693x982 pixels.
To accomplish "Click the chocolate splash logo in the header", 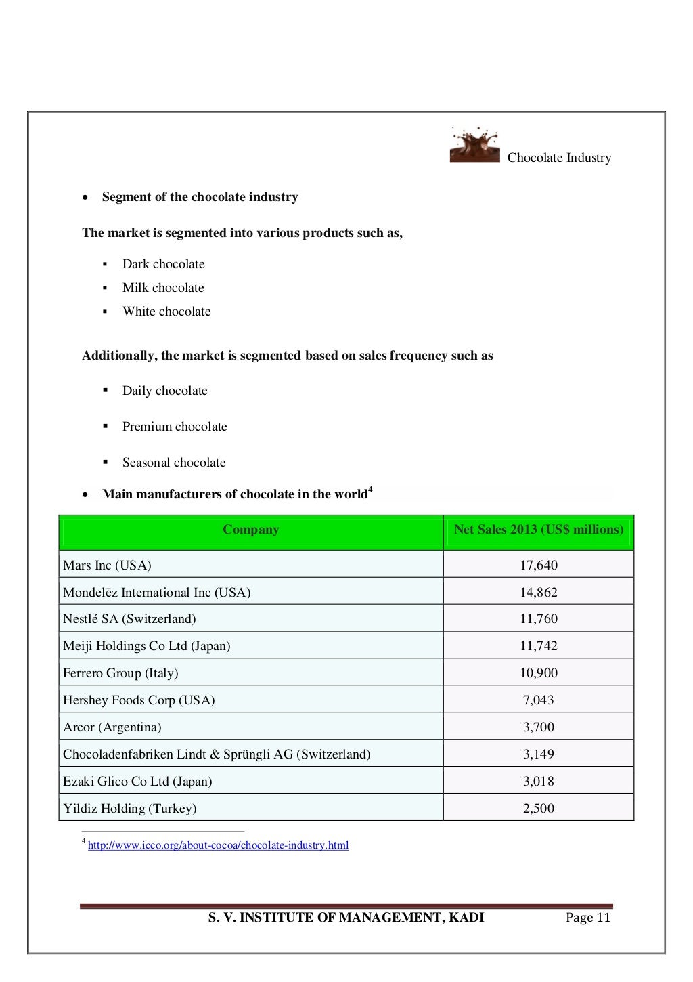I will tap(474, 144).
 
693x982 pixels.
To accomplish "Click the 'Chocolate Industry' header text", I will tap(559, 158).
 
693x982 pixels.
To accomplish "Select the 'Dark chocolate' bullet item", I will tap(163, 264).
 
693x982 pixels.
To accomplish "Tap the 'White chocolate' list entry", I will tap(166, 312).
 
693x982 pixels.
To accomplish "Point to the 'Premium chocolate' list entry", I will tap(175, 427).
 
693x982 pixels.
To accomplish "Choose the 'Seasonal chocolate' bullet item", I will tap(174, 463).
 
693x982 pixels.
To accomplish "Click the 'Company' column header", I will tap(250, 530).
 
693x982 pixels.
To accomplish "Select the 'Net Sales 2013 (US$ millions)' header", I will tap(539, 530).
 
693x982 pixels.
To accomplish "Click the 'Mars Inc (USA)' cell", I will tap(107, 565).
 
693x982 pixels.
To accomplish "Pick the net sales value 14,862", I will tap(539, 593).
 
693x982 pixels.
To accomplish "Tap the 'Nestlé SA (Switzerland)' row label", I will tap(129, 619).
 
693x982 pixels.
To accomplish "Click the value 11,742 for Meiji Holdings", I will tap(539, 646).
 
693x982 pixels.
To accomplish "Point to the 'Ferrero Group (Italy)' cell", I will tap(120, 673).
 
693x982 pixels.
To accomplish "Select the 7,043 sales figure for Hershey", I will tap(539, 700).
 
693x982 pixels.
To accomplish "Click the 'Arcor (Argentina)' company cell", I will tap(112, 727).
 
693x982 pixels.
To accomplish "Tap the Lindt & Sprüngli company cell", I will tap(217, 754).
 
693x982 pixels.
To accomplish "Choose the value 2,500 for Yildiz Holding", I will tap(539, 809).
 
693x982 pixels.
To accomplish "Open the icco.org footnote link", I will tap(218, 845).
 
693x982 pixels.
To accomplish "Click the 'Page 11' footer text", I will tap(588, 918).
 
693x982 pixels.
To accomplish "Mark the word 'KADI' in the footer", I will tap(466, 918).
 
